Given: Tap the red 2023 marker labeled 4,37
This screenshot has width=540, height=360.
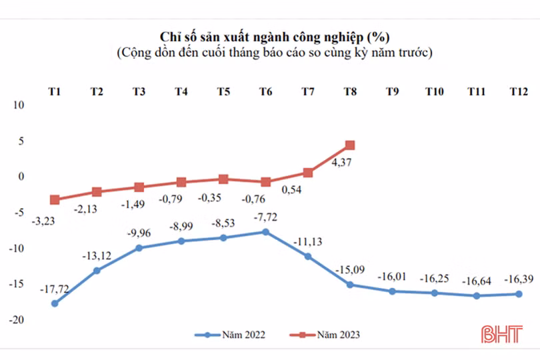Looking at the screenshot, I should [x=349, y=145].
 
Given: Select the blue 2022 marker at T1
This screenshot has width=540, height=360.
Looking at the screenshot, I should [x=55, y=303].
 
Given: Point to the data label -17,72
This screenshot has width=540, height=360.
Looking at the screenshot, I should [x=55, y=289].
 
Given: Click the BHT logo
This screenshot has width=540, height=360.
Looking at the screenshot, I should [x=503, y=334].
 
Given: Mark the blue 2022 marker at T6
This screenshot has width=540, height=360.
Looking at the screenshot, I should [x=265, y=232].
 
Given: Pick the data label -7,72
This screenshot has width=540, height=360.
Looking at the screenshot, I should [x=265, y=218].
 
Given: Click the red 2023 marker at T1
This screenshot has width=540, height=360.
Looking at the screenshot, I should [x=55, y=199].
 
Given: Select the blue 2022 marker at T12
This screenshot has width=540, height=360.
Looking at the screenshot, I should [x=517, y=294].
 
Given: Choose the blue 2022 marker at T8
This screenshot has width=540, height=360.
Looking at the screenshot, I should [x=349, y=285].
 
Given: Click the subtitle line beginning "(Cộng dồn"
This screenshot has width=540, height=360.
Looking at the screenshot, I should [x=274, y=52].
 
